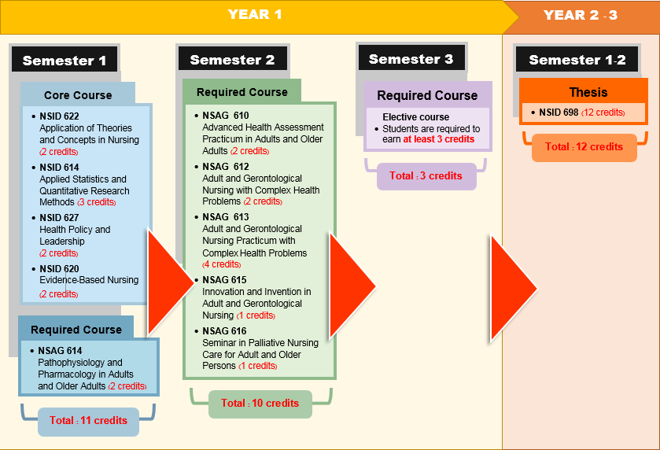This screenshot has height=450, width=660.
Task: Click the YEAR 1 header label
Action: coord(254,14)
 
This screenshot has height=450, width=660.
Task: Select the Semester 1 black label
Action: coord(65,61)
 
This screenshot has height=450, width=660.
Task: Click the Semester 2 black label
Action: coord(232,60)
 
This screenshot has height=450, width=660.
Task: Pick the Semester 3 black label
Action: coord(411,59)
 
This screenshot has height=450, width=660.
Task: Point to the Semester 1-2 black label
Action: coord(577,60)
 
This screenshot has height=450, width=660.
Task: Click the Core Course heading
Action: coord(78,95)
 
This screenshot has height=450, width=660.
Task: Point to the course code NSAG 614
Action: coord(60,351)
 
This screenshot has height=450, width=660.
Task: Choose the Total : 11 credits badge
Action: coord(88,420)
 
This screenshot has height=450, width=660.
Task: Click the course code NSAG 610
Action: coord(225,116)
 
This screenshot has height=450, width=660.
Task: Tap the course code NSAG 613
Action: coord(225,217)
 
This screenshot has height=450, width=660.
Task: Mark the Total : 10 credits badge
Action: coord(260,404)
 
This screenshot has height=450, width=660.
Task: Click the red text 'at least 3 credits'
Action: coord(439,139)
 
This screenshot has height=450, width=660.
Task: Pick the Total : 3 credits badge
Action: coord(426,175)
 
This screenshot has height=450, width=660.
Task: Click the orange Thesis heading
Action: coord(584,92)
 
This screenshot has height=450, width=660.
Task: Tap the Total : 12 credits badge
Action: coord(584,146)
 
